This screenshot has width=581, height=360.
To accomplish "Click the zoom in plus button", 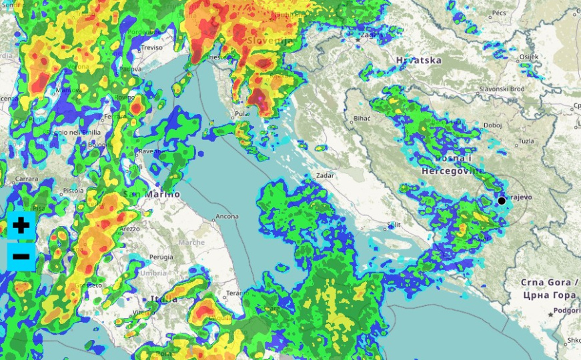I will pyautogui.click(x=21, y=225).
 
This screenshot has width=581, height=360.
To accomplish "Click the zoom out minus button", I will pyautogui.click(x=21, y=257).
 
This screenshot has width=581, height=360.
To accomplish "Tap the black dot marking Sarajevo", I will pyautogui.click(x=502, y=201).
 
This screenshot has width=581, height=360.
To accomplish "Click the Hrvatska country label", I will pyautogui.click(x=418, y=60).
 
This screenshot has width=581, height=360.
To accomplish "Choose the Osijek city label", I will pyautogui.click(x=528, y=57).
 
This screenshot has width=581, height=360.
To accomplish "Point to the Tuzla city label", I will pyautogui.click(x=526, y=141).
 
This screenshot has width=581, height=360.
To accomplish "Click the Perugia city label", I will pyautogui.click(x=161, y=257).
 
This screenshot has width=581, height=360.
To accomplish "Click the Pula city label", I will pyautogui.click(x=241, y=114).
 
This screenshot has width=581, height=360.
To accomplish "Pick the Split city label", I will pyautogui.click(x=394, y=225).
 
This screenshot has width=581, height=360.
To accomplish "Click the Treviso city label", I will pyautogui.click(x=151, y=47).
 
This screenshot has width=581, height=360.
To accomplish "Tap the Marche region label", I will pyautogui.click(x=191, y=242).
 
